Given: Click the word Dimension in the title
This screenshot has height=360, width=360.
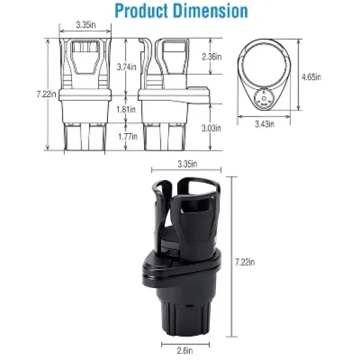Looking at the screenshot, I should click(x=210, y=12).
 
